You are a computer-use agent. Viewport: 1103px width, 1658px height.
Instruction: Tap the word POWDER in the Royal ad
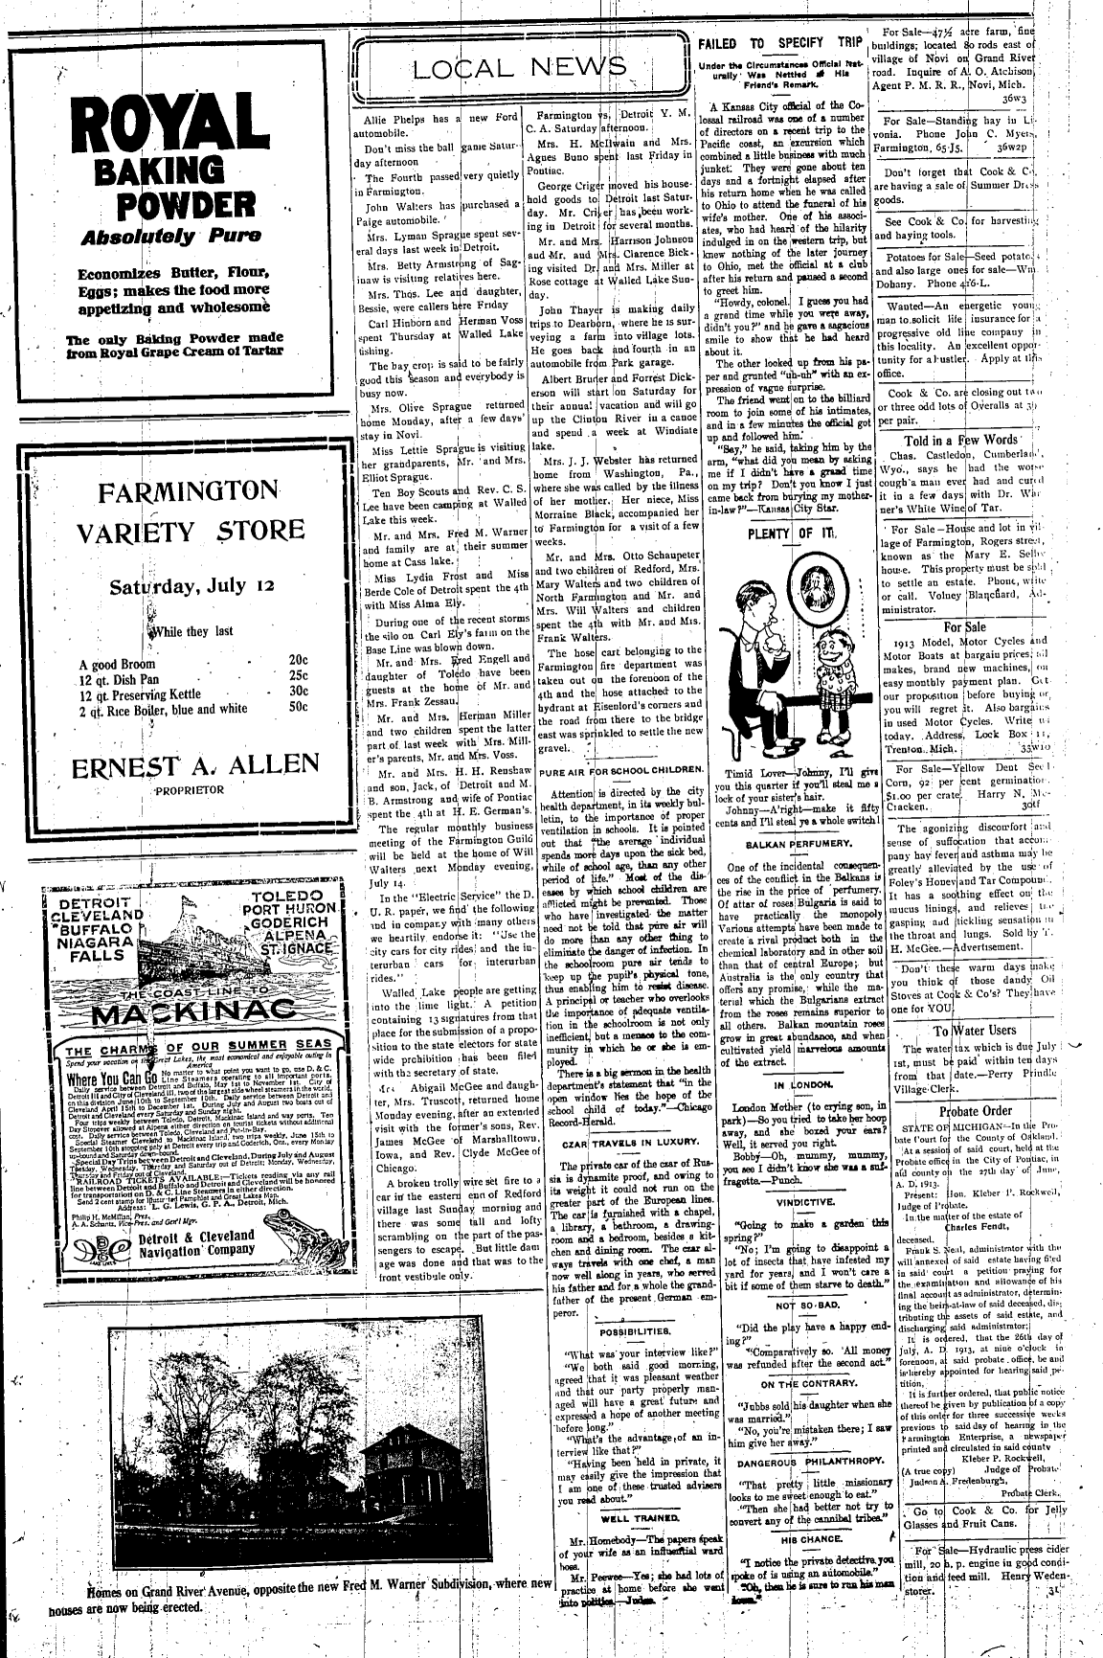[186, 206]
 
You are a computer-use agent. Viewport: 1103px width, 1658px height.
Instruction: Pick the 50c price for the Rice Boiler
[298, 709]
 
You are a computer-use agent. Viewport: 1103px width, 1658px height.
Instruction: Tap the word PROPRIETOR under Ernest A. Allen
[189, 790]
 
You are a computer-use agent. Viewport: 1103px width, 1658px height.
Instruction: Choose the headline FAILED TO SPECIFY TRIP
[779, 43]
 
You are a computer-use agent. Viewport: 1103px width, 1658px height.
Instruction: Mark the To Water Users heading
[975, 1031]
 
